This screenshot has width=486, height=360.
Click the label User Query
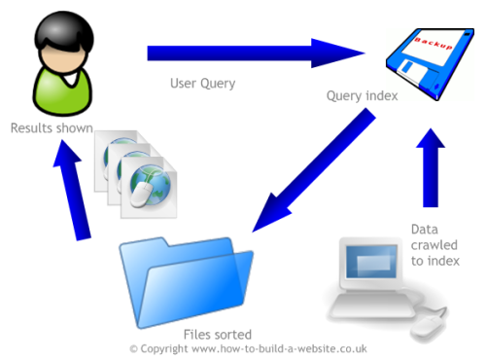(202, 84)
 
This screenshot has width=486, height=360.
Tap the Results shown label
(52, 127)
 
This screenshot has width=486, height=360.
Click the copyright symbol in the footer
(134, 348)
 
